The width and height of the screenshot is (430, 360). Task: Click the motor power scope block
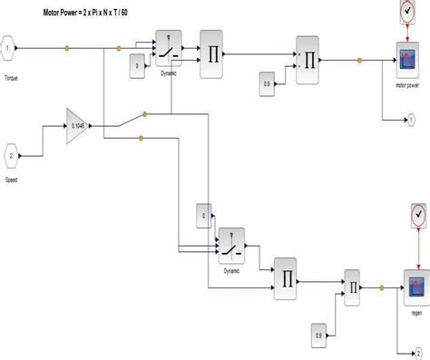pyautogui.click(x=406, y=59)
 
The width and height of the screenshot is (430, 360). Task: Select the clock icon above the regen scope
pyautogui.click(x=417, y=215)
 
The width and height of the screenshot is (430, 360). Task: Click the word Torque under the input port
pyautogui.click(x=11, y=78)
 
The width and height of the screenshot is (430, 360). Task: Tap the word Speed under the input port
pyautogui.click(x=13, y=180)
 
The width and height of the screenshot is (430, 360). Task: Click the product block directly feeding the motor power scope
pyautogui.click(x=308, y=61)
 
